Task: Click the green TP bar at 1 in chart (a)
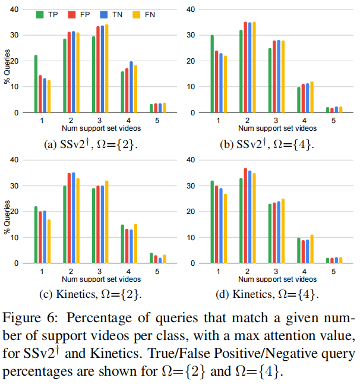coord(36,84)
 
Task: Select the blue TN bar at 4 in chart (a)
coord(131,87)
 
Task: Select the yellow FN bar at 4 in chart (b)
coord(312,97)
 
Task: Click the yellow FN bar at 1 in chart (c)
coord(49,241)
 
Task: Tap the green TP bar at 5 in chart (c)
coord(151,258)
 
